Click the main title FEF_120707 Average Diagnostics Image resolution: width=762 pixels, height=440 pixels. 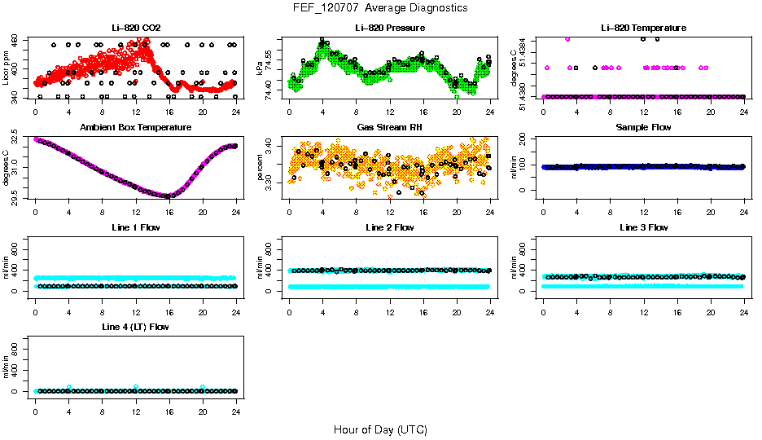pos(381,7)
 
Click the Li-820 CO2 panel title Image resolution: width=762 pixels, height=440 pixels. pos(135,28)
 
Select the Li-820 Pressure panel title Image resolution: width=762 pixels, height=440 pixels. pos(389,28)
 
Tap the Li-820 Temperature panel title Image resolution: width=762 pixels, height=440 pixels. pos(643,28)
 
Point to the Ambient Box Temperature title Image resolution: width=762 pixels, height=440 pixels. pos(135,127)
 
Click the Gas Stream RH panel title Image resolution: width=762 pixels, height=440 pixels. pos(389,127)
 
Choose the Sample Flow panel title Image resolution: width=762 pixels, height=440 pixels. pos(643,127)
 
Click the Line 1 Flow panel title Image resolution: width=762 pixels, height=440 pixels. pos(135,227)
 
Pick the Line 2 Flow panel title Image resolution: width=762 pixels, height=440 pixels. pos(389,227)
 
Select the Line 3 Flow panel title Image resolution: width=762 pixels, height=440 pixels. pos(643,227)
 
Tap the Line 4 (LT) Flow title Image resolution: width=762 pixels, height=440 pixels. pos(135,327)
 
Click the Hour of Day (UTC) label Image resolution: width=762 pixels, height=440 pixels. pos(380,429)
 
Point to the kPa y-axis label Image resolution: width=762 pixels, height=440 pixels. pos(260,68)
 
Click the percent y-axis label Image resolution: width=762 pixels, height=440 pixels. pos(260,167)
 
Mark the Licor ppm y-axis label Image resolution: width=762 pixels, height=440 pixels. pos(7,68)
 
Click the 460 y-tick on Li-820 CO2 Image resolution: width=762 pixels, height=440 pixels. pos(16,39)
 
